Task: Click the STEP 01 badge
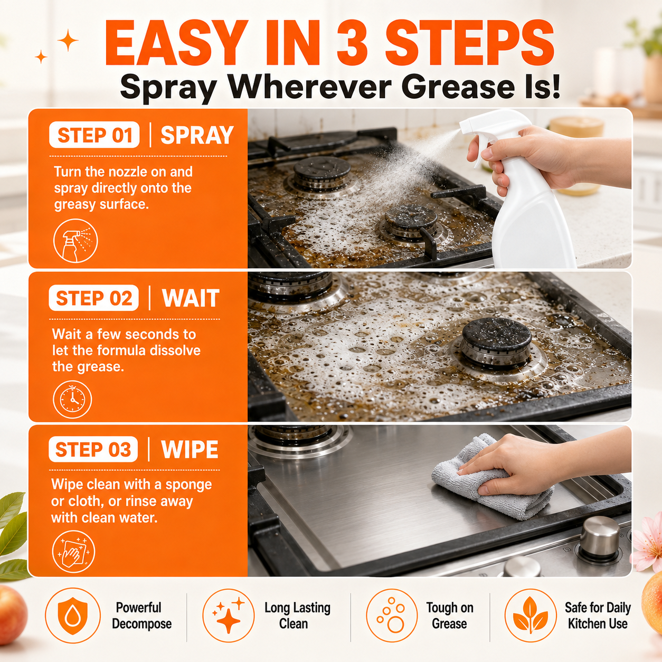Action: click(x=94, y=135)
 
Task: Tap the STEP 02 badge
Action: click(x=94, y=298)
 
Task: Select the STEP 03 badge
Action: click(x=93, y=449)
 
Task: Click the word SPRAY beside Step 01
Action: click(x=197, y=135)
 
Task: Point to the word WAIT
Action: click(x=191, y=298)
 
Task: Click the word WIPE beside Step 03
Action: click(x=190, y=449)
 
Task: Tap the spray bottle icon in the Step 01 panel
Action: click(x=75, y=241)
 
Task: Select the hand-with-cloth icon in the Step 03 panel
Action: click(x=73, y=552)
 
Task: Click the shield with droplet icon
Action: click(x=73, y=615)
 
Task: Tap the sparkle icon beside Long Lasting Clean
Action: click(x=229, y=615)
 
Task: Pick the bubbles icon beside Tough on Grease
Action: click(x=392, y=615)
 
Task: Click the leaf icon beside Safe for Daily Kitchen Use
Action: click(x=531, y=615)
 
